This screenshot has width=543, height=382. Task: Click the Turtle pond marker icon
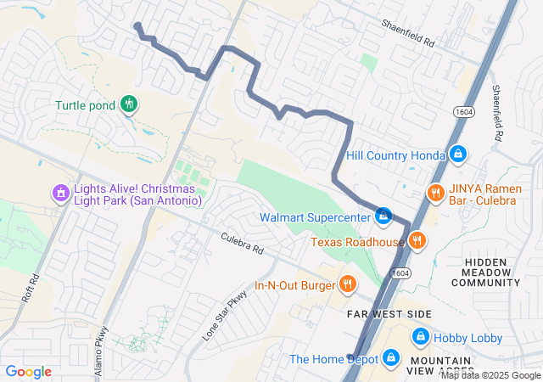point(129,104)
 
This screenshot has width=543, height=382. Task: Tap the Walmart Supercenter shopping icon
point(383,217)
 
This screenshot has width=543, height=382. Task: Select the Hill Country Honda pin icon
point(458,154)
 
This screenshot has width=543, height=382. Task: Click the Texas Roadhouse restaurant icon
point(417,242)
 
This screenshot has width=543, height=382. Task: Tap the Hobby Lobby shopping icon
point(420,338)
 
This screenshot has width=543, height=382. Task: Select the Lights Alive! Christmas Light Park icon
point(60,194)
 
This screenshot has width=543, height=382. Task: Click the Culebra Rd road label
point(243,244)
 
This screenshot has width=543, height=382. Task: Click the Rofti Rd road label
point(31,289)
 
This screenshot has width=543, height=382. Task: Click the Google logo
point(28,372)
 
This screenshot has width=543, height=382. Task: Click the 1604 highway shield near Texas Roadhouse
point(399,272)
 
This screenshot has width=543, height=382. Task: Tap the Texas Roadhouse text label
point(356,242)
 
